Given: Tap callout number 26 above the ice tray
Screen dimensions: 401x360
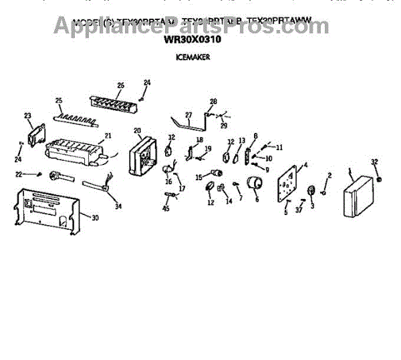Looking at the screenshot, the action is click(x=120, y=85).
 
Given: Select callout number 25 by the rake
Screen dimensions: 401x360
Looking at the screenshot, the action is click(x=59, y=101).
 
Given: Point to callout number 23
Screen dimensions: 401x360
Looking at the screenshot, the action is click(x=28, y=116).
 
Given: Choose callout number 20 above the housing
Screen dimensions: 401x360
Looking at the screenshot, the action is click(x=137, y=131).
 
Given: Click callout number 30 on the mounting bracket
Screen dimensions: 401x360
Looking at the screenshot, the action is click(x=95, y=218).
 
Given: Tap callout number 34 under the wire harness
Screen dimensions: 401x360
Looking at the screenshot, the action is click(x=118, y=206).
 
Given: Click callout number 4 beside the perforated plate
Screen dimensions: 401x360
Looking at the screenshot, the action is click(x=306, y=164).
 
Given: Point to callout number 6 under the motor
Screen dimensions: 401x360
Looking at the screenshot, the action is click(x=256, y=199).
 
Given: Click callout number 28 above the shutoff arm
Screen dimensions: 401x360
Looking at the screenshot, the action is click(x=213, y=102).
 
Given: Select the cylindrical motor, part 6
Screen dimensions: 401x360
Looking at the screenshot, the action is click(x=255, y=184).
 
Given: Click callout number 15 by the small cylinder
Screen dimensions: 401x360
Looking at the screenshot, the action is click(x=198, y=177).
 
